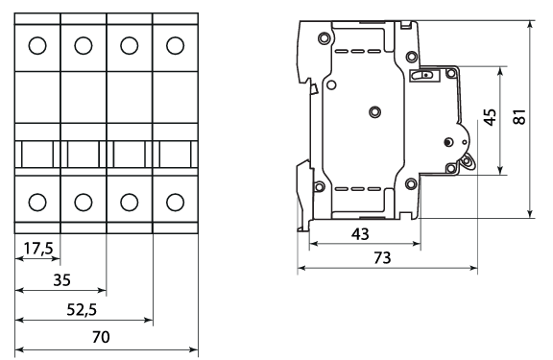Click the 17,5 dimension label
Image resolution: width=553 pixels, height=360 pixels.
pos(38,249)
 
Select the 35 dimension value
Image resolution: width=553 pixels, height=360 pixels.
pos(62,280)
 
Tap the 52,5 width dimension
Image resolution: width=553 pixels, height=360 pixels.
pos(82,310)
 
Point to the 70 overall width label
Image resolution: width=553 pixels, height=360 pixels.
pos(101,337)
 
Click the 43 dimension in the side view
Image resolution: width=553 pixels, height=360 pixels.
pos(360,234)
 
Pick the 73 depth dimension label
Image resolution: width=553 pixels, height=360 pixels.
pos(382,258)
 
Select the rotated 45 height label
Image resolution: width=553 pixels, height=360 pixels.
pos(490,117)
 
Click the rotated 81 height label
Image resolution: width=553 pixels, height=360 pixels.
pos(519,116)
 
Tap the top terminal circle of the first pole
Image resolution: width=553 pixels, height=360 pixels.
pos(37,45)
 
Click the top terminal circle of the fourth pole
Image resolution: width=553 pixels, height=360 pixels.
pos(176,45)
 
